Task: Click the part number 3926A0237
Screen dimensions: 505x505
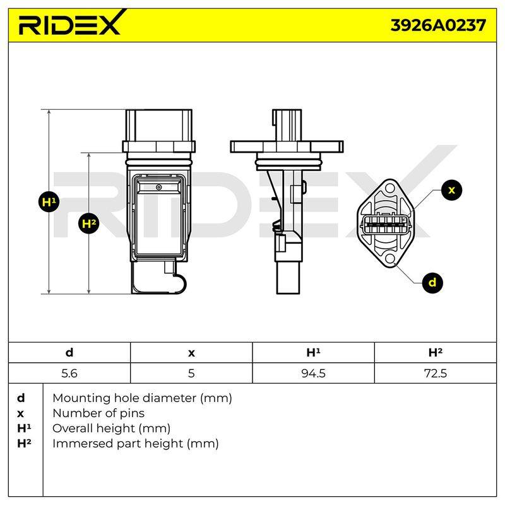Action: pos(438,25)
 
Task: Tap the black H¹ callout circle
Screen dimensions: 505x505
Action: pos(49,202)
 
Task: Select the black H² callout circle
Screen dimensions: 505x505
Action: pos(89,223)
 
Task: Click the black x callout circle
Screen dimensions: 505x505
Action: pos(451,190)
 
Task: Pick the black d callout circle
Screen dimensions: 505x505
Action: pos(432,283)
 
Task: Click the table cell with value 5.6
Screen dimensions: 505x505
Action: pos(69,373)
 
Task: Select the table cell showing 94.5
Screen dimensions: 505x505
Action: pos(313,373)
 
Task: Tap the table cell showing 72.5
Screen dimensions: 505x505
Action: pos(436,373)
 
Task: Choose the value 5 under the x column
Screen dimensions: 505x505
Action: pos(191,373)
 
